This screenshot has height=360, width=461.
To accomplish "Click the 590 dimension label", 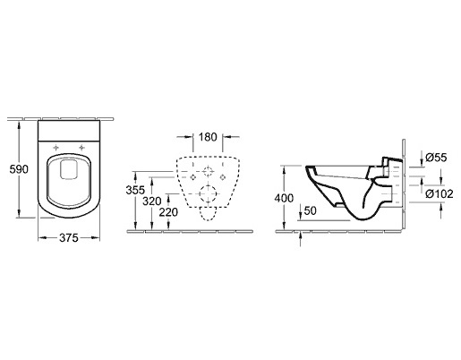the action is pyautogui.click(x=19, y=169).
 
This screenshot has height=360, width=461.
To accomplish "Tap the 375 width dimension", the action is pyautogui.click(x=69, y=238).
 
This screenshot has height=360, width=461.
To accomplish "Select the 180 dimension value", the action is pyautogui.click(x=208, y=137).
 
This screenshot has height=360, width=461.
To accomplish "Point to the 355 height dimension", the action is pyautogui.click(x=135, y=190).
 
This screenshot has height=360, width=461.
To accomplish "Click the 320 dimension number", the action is pyautogui.click(x=152, y=201).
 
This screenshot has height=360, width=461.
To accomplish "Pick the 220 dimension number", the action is pyautogui.click(x=168, y=212).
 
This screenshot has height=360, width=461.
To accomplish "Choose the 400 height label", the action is pyautogui.click(x=284, y=198).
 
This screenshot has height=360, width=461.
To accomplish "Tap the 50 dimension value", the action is pyautogui.click(x=310, y=210).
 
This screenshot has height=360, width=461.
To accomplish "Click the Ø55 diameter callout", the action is pyautogui.click(x=436, y=158).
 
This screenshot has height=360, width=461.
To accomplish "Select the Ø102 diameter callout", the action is pyautogui.click(x=440, y=194).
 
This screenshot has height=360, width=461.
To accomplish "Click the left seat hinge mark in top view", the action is pyautogui.click(x=55, y=148).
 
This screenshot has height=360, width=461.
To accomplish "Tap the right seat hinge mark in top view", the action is pyautogui.click(x=81, y=148).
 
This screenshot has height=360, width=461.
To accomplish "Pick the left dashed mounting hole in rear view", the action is pyautogui.click(x=193, y=177).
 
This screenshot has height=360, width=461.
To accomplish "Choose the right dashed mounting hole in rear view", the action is pyautogui.click(x=222, y=177).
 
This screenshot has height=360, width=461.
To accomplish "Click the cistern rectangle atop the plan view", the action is pyautogui.click(x=69, y=131).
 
